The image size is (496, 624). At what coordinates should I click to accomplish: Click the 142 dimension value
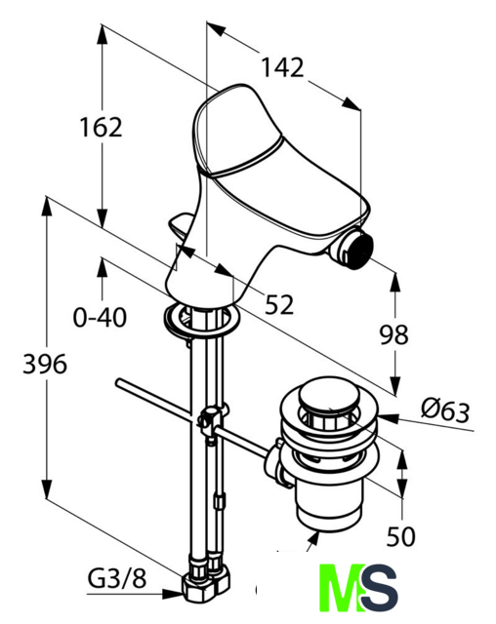(282, 67)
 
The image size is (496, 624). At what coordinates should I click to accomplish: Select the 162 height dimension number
(102, 128)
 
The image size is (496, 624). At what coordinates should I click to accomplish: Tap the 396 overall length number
(45, 364)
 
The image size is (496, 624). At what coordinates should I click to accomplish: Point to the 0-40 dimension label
(100, 318)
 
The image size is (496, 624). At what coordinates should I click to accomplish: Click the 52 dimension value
(279, 304)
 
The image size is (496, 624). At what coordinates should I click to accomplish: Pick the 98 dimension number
(393, 334)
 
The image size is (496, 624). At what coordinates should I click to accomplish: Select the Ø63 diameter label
(445, 410)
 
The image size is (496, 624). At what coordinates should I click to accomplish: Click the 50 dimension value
(400, 536)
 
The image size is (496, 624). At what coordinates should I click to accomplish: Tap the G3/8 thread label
(117, 578)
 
